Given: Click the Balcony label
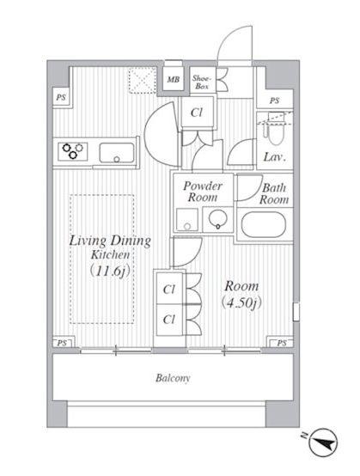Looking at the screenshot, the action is (173, 378).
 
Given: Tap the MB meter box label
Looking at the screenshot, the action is (174, 80).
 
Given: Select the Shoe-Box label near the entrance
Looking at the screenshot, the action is (201, 82).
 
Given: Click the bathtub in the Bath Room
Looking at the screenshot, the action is (264, 225).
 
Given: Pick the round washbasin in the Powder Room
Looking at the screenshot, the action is (217, 219).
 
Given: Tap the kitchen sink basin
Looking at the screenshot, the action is (117, 153).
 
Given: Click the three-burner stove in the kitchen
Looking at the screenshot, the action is (73, 151).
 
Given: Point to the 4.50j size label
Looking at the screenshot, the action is (242, 302).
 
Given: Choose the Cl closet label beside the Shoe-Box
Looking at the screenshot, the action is (197, 113).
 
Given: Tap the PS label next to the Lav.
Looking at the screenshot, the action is (274, 101).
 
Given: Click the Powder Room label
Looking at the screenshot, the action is (203, 192).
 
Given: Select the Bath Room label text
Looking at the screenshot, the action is (274, 193).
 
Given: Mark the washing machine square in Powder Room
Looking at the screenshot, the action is (187, 219).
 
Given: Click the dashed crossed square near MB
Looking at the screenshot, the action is (142, 80).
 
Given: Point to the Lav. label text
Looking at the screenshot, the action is (275, 157).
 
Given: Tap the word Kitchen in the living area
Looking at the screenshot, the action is (110, 254).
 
